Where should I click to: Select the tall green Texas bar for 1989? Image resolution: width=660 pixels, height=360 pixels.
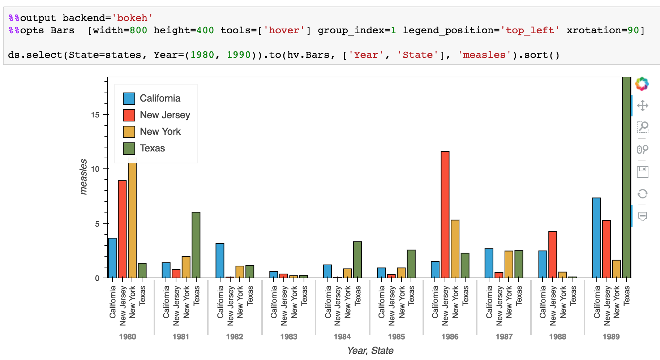click(626, 177)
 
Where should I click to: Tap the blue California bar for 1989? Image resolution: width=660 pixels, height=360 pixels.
click(596, 237)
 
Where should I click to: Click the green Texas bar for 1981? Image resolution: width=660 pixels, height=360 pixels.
click(196, 245)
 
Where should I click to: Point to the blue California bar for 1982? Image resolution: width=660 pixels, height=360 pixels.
click(220, 260)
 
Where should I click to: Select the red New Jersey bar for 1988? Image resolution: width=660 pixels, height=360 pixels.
click(552, 254)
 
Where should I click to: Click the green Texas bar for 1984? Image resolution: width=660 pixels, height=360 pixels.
click(357, 260)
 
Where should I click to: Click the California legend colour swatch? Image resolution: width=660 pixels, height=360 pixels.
click(129, 98)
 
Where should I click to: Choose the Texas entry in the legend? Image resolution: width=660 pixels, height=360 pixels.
click(152, 148)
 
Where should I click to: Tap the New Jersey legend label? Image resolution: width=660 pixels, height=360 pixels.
click(165, 115)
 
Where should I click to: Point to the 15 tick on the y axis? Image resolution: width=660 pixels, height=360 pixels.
click(95, 115)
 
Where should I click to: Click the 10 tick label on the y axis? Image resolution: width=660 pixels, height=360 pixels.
click(95, 169)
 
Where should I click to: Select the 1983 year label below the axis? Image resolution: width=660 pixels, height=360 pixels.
click(288, 337)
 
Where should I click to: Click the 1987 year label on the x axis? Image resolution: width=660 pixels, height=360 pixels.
click(504, 337)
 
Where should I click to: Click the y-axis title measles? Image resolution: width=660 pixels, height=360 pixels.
click(83, 177)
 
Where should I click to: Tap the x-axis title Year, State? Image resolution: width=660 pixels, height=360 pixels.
click(370, 351)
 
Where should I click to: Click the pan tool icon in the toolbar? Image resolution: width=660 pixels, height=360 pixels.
click(642, 106)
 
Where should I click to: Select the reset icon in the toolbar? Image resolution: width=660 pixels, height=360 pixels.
click(642, 194)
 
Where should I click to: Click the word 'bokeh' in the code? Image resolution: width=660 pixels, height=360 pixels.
click(132, 18)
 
